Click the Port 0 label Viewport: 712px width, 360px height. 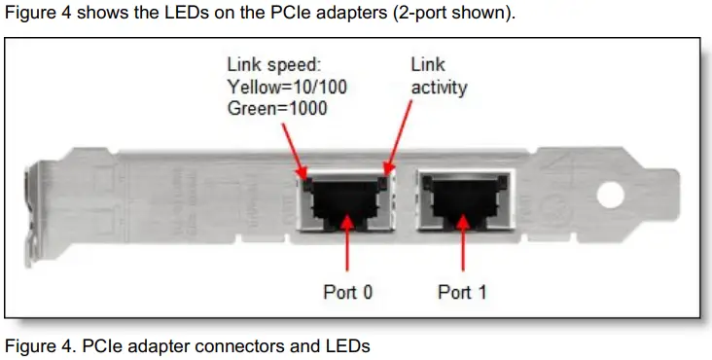pyautogui.click(x=347, y=292)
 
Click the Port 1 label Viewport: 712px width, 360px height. pyautogui.click(x=462, y=292)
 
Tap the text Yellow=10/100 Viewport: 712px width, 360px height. pyautogui.click(x=287, y=87)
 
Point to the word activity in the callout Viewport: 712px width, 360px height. pyautogui.click(x=439, y=87)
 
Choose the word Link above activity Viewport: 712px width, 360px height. pyautogui.click(x=427, y=65)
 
